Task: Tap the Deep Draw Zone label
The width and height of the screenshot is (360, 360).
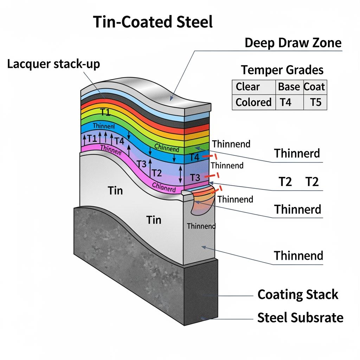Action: [293, 43]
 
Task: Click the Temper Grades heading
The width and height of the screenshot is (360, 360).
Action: [282, 70]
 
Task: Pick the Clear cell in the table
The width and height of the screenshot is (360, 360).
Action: [247, 87]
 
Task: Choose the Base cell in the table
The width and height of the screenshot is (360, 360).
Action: [289, 87]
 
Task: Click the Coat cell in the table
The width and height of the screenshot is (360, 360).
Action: [314, 87]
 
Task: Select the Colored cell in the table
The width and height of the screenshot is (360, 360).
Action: [253, 102]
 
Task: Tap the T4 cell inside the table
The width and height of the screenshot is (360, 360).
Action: [286, 102]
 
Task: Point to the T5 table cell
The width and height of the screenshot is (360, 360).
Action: [315, 102]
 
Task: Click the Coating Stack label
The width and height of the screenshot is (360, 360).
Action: [298, 295]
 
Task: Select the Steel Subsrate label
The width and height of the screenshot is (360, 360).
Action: [300, 318]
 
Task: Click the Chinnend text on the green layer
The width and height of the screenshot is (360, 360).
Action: [167, 148]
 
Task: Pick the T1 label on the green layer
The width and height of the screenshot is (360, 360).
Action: [105, 112]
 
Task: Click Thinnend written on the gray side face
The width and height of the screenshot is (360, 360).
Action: [201, 226]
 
